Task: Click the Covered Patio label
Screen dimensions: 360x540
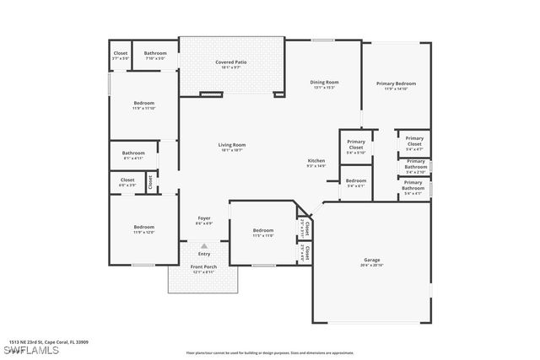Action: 230,62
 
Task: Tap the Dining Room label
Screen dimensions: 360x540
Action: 325,82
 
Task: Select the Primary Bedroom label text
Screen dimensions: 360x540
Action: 396,83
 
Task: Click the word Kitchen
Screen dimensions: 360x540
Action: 316,160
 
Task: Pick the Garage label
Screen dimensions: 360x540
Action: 372,260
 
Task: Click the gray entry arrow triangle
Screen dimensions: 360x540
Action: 203,245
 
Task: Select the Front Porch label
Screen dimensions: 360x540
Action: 203,267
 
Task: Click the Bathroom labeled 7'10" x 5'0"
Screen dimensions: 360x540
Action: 155,53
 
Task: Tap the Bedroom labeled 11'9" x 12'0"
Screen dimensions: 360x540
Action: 143,227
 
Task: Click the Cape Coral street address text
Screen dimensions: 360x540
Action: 49,342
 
